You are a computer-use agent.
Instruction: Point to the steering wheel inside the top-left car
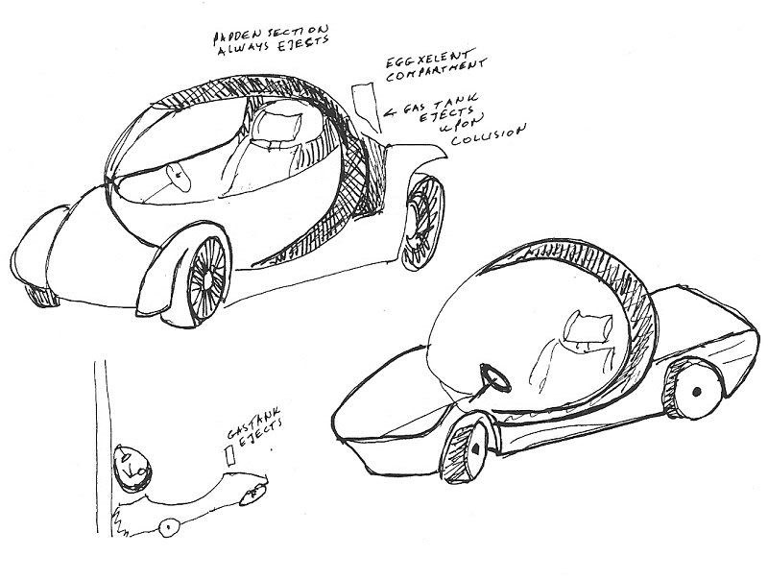click(177, 176)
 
